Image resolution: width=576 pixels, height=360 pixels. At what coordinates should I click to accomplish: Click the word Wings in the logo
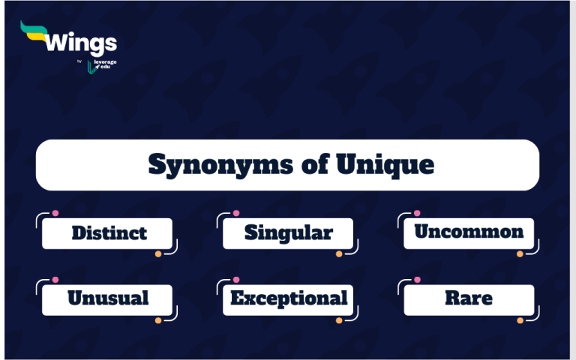tap(81, 43)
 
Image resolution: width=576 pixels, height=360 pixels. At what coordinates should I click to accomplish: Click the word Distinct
tap(109, 233)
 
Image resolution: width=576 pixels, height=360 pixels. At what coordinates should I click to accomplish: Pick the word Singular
tap(288, 232)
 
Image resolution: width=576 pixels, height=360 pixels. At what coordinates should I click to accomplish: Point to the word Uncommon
tap(469, 232)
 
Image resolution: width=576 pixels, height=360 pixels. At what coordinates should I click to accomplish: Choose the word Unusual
tap(108, 298)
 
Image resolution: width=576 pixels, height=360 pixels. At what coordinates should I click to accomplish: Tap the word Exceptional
tap(289, 298)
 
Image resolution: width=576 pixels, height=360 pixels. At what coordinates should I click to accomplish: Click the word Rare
tap(469, 298)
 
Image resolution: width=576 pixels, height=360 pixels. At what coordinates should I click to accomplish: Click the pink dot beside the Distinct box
tap(55, 213)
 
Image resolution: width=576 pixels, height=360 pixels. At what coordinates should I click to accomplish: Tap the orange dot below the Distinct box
tap(158, 254)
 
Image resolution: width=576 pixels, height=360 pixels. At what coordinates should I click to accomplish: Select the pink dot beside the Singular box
tap(236, 213)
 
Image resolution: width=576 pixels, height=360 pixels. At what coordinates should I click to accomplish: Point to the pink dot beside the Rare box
tap(417, 280)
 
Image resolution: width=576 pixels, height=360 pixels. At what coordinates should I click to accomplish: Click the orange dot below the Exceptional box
tap(339, 320)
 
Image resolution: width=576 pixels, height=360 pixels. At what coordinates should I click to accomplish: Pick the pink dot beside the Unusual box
tap(55, 280)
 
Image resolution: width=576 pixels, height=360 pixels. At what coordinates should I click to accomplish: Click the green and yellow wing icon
tap(34, 31)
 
